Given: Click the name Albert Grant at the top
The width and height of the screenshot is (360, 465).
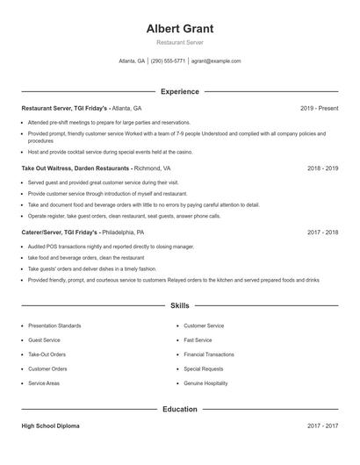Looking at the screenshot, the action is click(180, 29).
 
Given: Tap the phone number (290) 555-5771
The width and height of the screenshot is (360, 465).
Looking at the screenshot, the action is click(168, 61).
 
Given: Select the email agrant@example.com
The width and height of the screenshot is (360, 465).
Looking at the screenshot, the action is click(216, 61).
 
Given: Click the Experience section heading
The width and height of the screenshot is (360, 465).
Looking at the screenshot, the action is click(180, 91).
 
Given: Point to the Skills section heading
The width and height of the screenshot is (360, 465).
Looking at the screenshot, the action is click(180, 306).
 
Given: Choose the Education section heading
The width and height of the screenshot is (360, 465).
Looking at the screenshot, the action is click(180, 410).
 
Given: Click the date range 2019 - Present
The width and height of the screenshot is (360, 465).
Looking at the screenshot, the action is click(319, 108).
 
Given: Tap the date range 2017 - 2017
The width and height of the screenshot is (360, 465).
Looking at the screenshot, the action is click(322, 426).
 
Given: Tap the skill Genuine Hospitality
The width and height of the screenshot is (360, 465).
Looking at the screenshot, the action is click(207, 383).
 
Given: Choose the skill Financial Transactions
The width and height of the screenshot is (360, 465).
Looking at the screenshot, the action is click(209, 354).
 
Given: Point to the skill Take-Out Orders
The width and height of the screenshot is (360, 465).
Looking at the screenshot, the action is click(47, 354).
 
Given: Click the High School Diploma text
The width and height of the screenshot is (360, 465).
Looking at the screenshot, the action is click(50, 426).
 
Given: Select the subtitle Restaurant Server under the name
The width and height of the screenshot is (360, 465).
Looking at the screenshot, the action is click(180, 43).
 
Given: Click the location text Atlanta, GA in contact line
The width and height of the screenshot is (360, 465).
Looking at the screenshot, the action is click(132, 61).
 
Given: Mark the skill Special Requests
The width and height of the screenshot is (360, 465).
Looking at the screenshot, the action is click(204, 368).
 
